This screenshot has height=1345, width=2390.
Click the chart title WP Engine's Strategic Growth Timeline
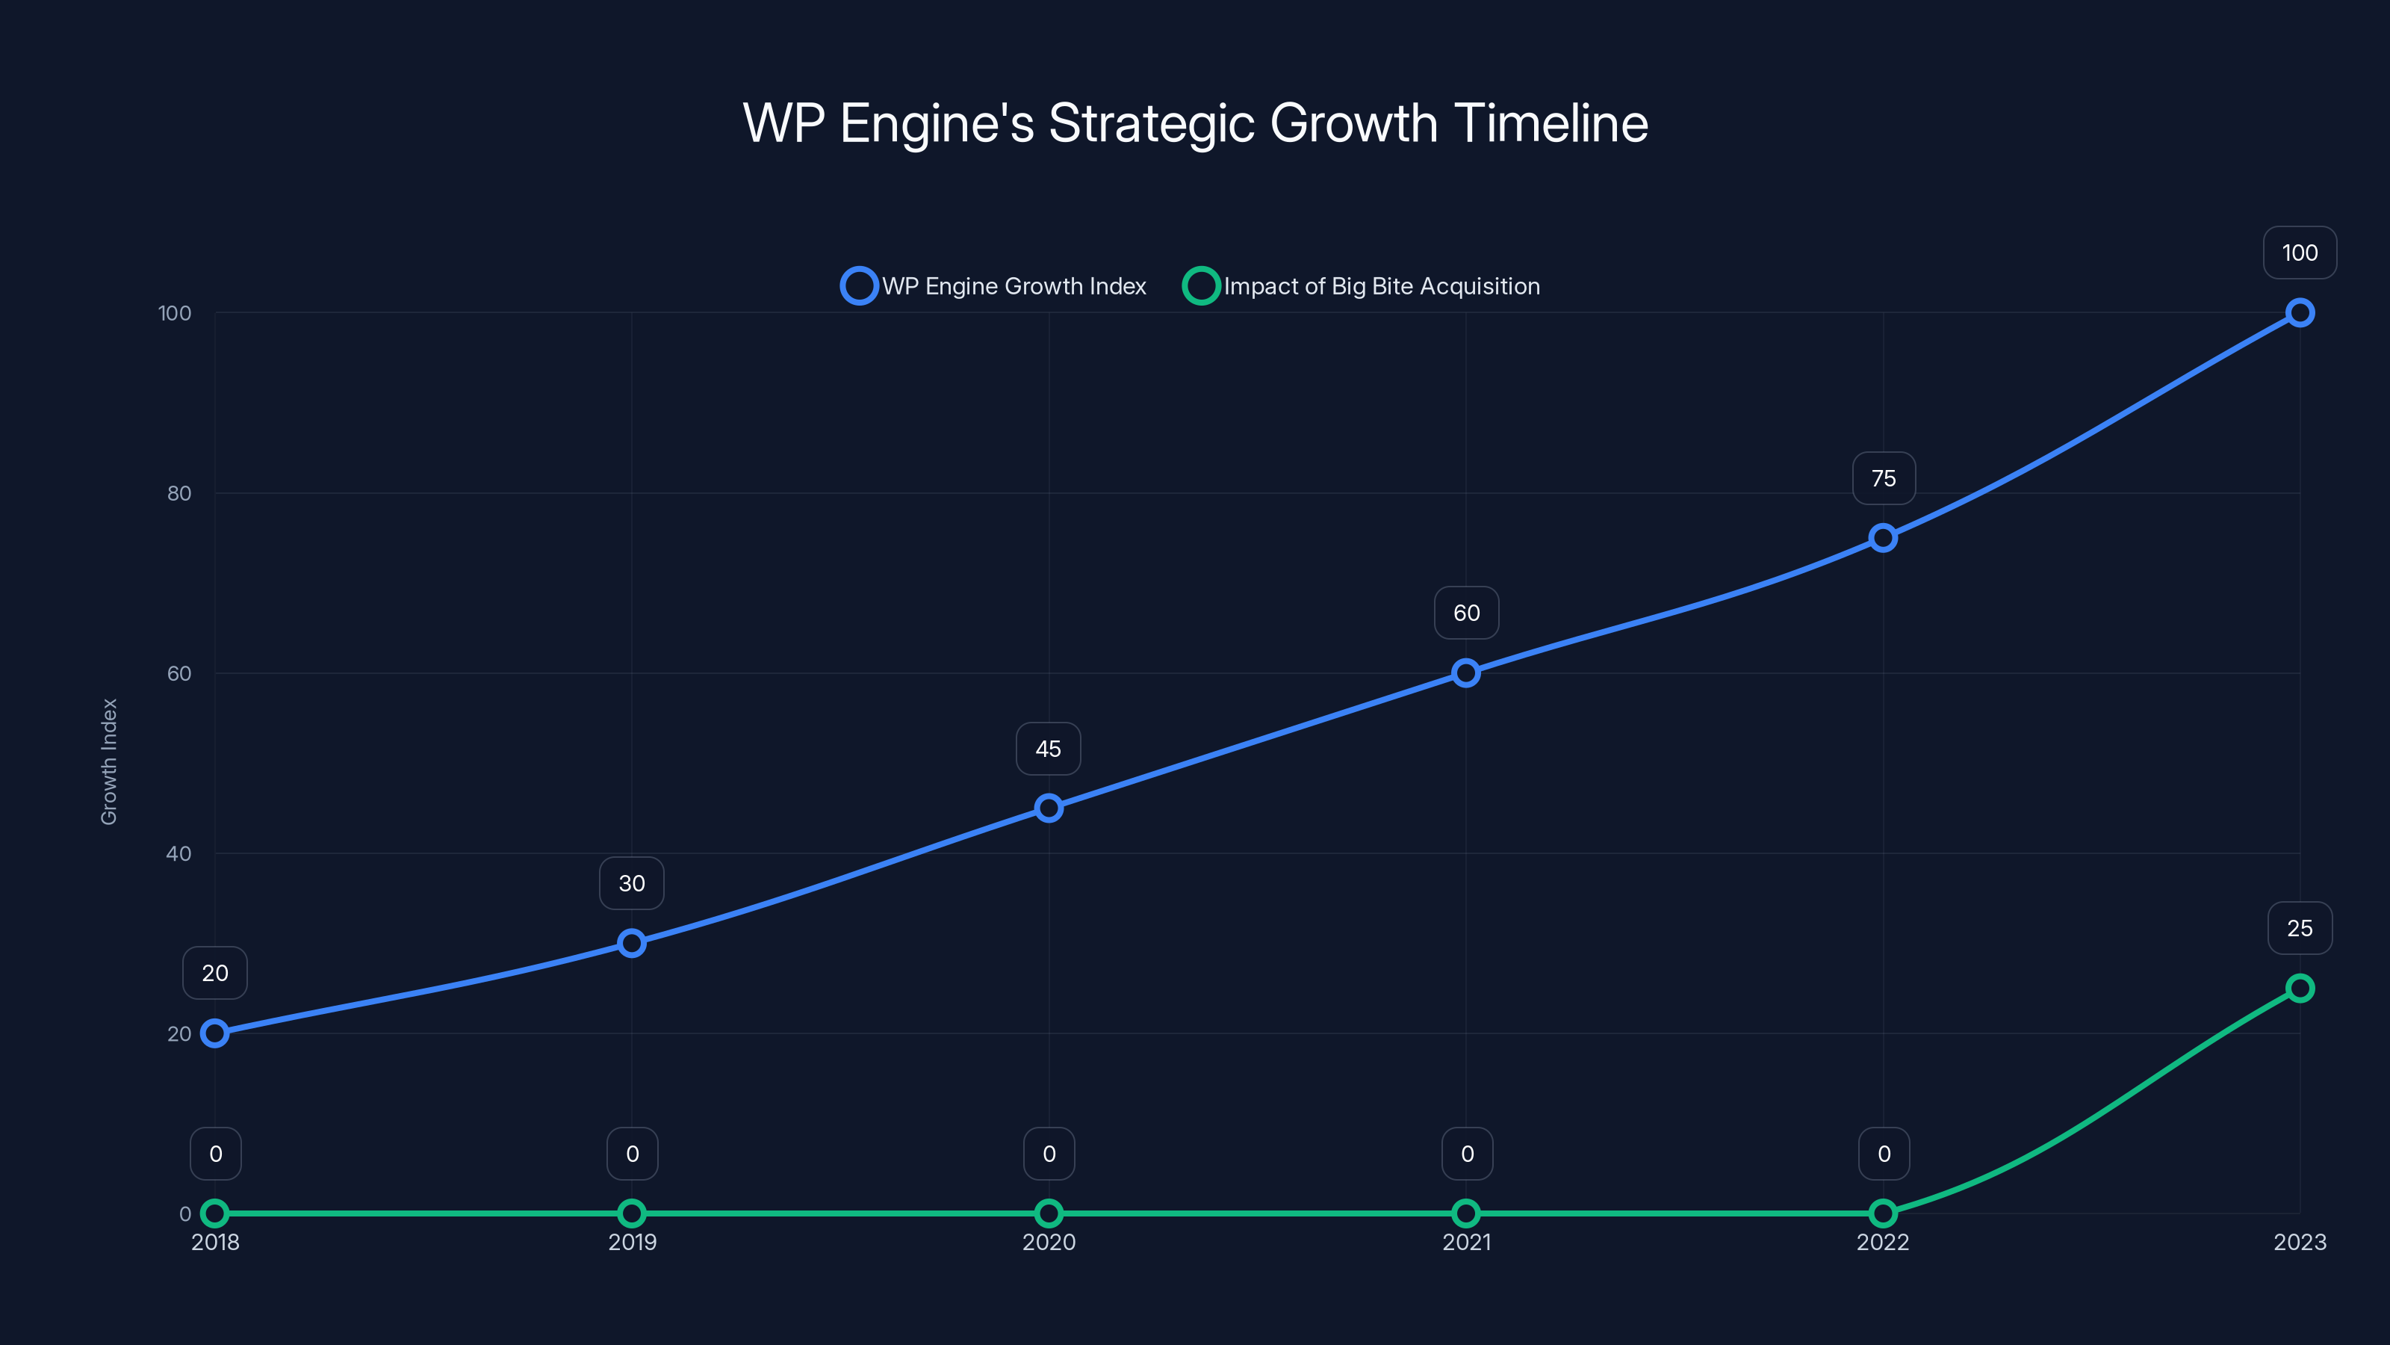(x=1195, y=123)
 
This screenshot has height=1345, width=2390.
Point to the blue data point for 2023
(x=2299, y=313)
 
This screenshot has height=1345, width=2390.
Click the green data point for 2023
(x=2299, y=989)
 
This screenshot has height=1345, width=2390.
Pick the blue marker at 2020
(x=1049, y=808)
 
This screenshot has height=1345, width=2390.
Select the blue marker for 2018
(x=215, y=1033)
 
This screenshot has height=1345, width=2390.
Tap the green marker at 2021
(x=1466, y=1213)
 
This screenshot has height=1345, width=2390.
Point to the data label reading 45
(x=1049, y=749)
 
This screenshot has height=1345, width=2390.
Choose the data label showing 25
(x=2299, y=928)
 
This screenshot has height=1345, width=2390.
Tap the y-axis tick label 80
(x=179, y=494)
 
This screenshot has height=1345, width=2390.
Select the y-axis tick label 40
(x=179, y=854)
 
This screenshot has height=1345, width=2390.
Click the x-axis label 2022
(x=1882, y=1243)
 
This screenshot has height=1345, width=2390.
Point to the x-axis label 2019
(x=632, y=1243)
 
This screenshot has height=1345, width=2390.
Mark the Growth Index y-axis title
(x=110, y=762)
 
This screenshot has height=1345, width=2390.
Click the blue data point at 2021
(x=1466, y=673)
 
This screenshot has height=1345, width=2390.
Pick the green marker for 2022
(x=1882, y=1213)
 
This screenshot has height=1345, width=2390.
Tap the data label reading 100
(x=2299, y=253)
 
